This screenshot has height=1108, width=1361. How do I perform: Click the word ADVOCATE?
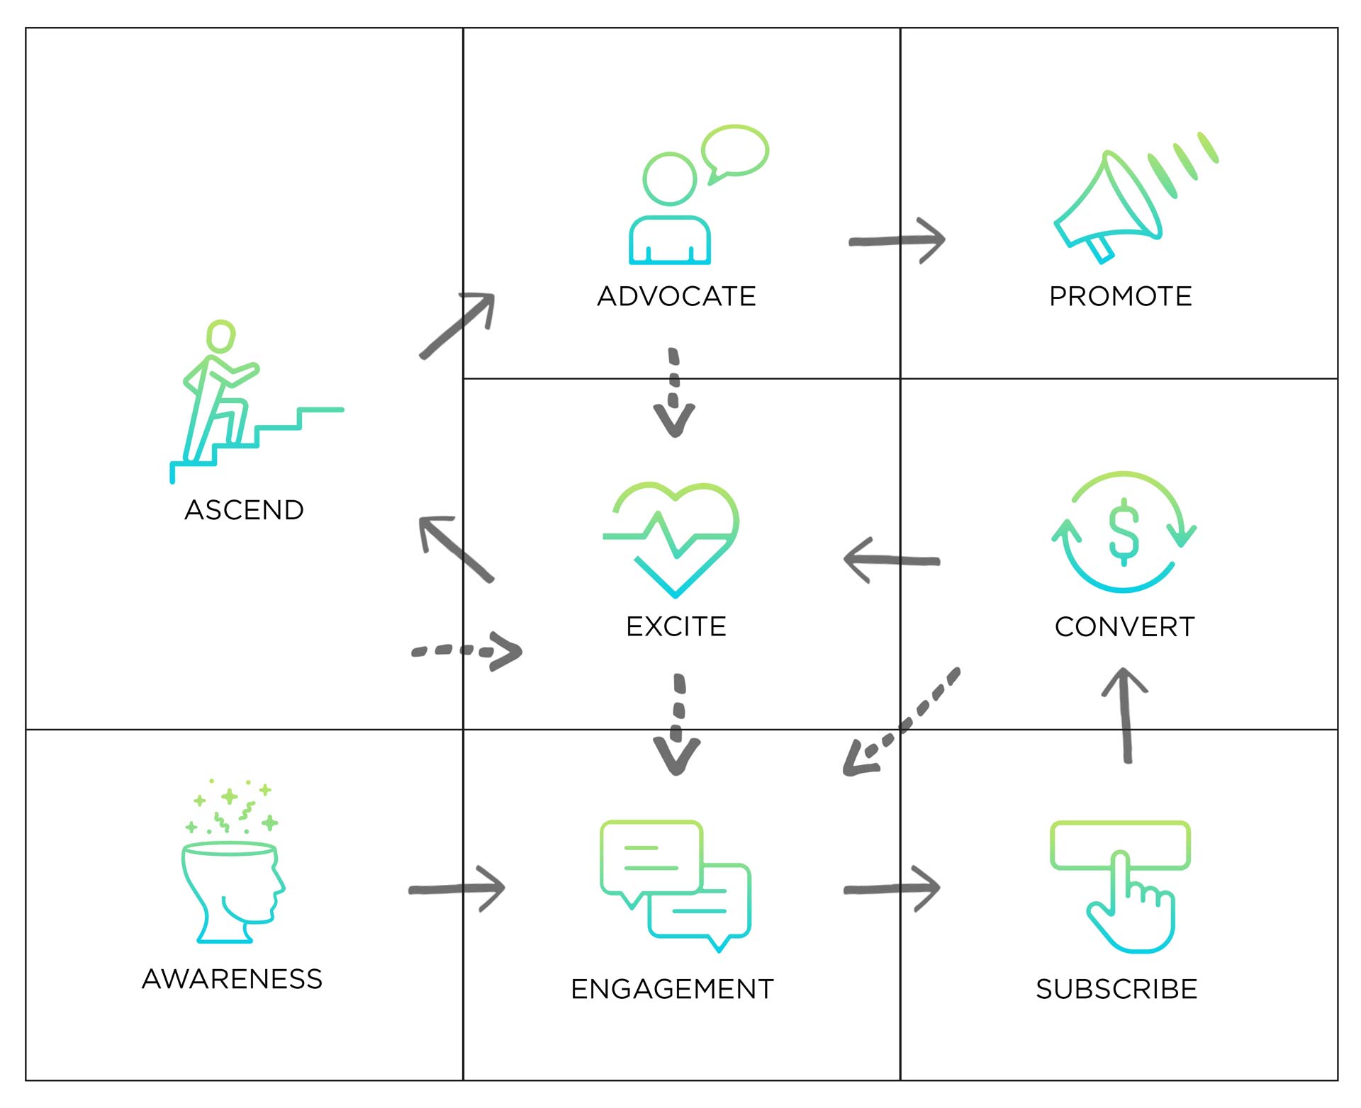676,296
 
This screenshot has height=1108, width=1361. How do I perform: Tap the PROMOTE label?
1120,296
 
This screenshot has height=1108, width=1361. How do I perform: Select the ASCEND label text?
244,510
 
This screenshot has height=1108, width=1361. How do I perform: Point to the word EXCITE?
676,626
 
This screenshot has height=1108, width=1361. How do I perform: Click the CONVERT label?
1124,627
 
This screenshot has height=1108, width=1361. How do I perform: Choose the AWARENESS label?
232,979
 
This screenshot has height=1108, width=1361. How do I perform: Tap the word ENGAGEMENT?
672,989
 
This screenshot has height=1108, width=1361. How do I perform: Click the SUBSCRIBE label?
1116,989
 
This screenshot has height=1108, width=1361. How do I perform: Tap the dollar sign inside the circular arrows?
1124,531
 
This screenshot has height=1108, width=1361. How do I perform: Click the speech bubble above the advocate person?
735,151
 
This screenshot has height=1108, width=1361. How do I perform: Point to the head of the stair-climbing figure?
220,336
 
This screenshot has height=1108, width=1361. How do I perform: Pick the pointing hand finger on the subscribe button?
1120,878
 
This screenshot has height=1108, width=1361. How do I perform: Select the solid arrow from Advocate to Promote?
897,241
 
